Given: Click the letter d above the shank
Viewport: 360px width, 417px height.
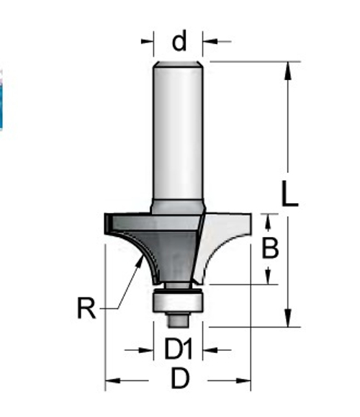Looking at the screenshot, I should tap(179, 42).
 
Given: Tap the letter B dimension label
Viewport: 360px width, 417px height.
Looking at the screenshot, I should tap(270, 248).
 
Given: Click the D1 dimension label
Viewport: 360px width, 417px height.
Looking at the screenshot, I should tap(179, 351).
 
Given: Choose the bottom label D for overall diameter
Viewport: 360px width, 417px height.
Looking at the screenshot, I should tap(179, 379).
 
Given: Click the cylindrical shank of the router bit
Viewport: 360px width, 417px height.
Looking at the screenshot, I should tap(179, 130).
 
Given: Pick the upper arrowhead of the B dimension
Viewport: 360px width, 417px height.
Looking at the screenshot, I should tap(270, 220).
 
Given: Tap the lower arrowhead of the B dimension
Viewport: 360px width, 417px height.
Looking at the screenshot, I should tap(270, 277).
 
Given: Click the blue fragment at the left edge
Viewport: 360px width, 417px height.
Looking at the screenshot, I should tap(1, 101).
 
